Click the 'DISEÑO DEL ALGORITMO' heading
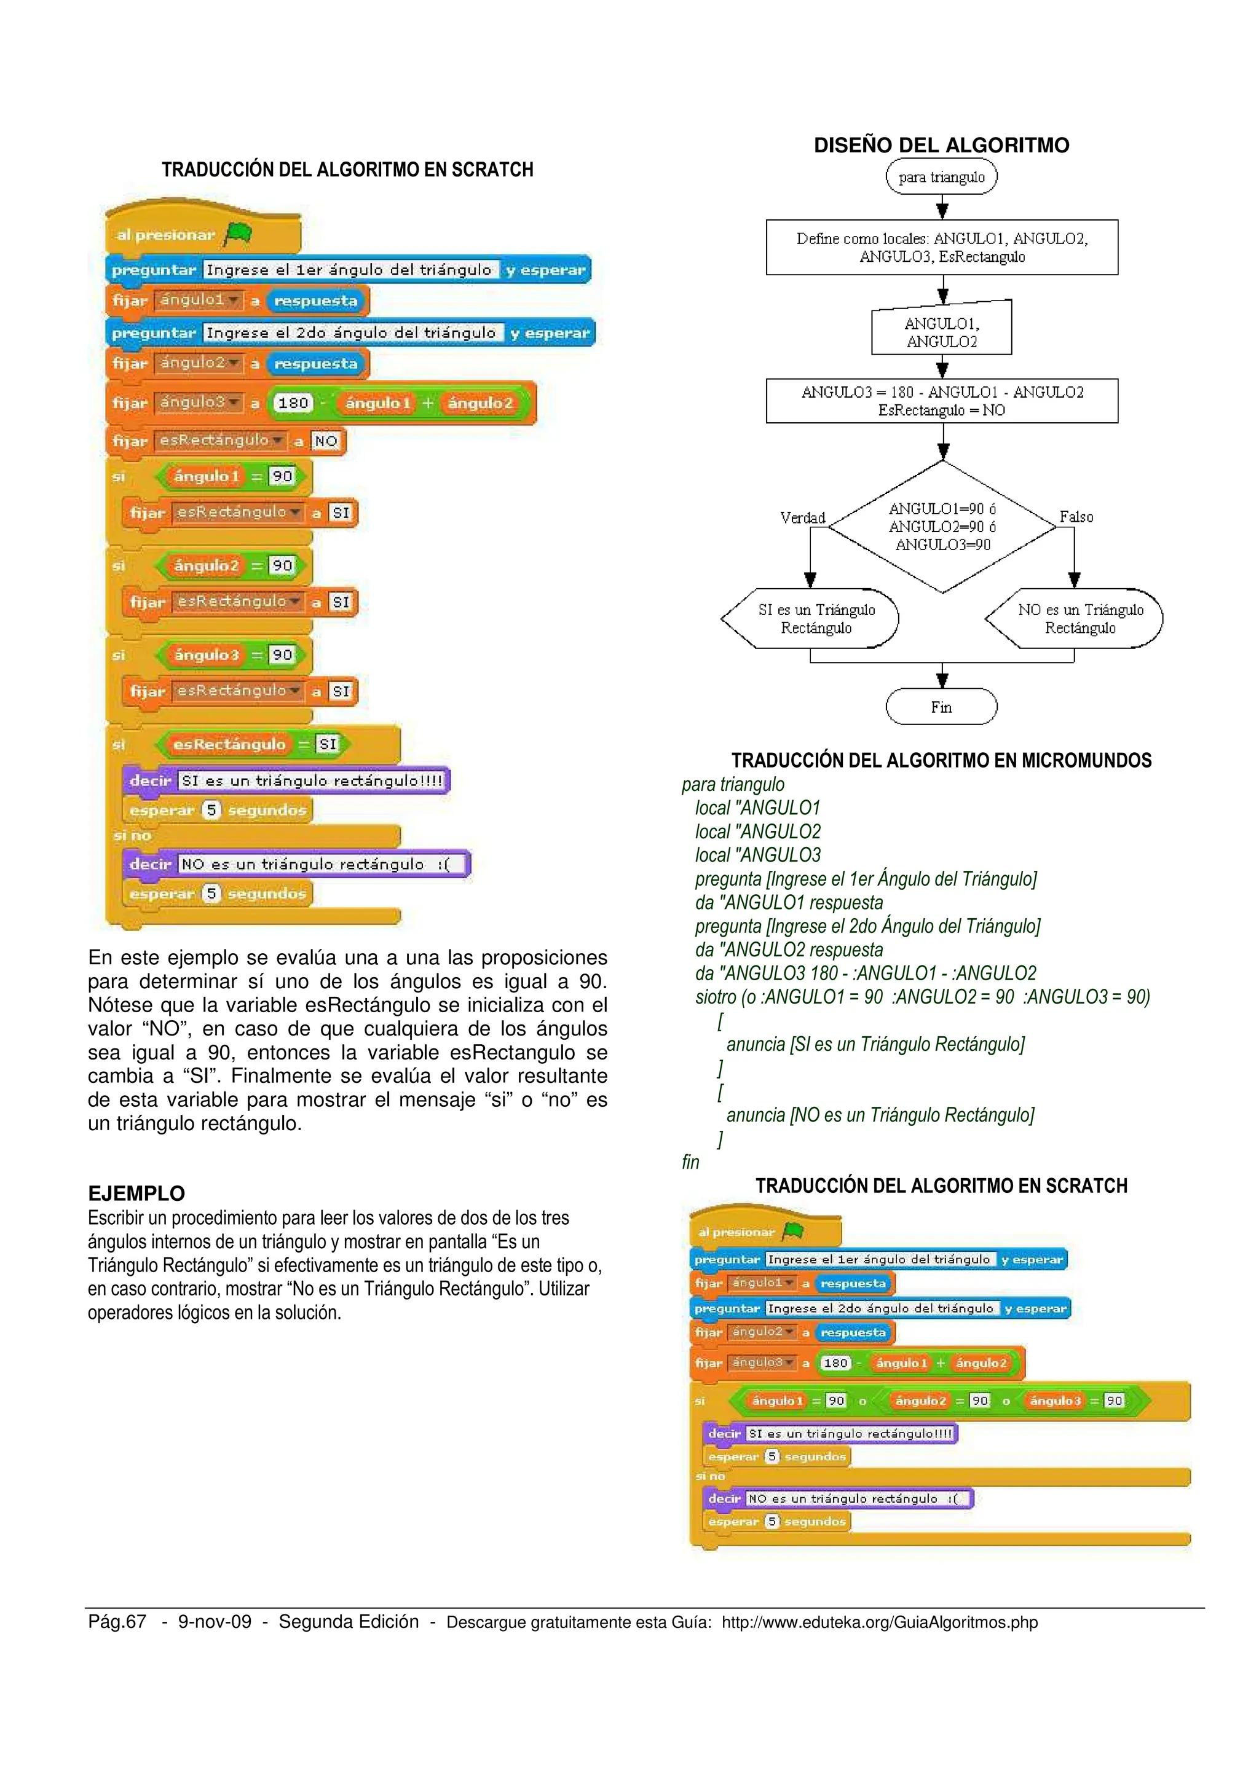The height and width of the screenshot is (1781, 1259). click(941, 145)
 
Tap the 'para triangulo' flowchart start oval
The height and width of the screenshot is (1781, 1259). click(941, 177)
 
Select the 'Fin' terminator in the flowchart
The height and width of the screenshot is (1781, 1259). click(941, 707)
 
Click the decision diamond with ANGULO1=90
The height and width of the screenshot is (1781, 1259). click(942, 527)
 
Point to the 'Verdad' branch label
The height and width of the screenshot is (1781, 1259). click(802, 517)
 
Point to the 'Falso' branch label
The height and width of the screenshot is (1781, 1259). click(1076, 517)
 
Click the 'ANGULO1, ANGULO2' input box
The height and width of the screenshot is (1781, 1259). click(942, 332)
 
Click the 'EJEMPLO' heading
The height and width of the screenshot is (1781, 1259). click(136, 1193)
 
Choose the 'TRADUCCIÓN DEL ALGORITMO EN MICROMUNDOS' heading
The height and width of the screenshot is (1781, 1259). click(941, 760)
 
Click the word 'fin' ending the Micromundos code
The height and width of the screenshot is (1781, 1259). click(690, 1162)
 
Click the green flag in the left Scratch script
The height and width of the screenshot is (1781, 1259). click(237, 234)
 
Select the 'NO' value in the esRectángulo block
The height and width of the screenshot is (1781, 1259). click(326, 441)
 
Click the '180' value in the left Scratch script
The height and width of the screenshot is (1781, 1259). click(293, 403)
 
